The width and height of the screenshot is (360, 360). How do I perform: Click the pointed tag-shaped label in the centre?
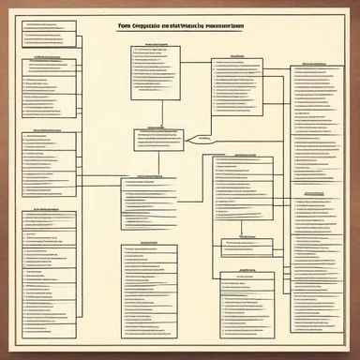[201, 139]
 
